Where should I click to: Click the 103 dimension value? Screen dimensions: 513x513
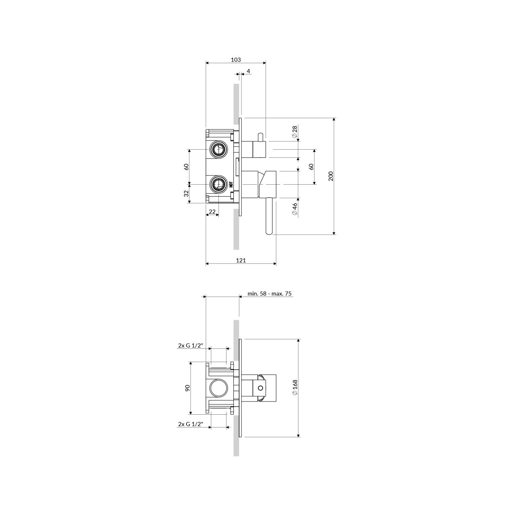tap(236, 59)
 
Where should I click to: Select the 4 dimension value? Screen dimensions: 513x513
tap(248, 71)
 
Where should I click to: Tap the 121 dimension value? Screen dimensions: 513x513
tap(241, 260)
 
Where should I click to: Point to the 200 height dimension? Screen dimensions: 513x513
tap(331, 176)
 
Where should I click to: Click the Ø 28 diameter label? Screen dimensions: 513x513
tap(295, 132)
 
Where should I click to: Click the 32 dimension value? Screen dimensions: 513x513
tap(187, 193)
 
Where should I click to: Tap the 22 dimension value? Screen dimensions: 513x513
tap(212, 212)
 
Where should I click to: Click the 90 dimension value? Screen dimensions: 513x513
tap(188, 388)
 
